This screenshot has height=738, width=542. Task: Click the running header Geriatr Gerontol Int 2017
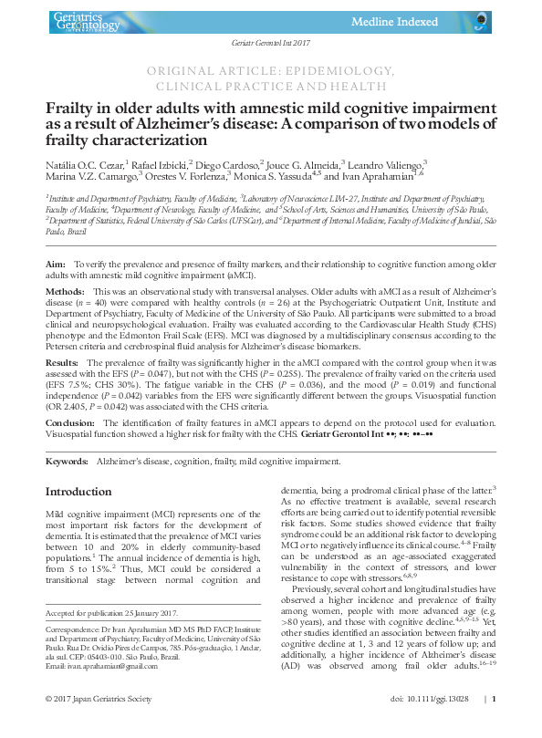(x=271, y=44)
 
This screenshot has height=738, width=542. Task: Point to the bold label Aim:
(x=55, y=263)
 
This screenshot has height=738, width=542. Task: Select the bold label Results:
(x=62, y=362)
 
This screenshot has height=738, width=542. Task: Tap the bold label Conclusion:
(x=69, y=423)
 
